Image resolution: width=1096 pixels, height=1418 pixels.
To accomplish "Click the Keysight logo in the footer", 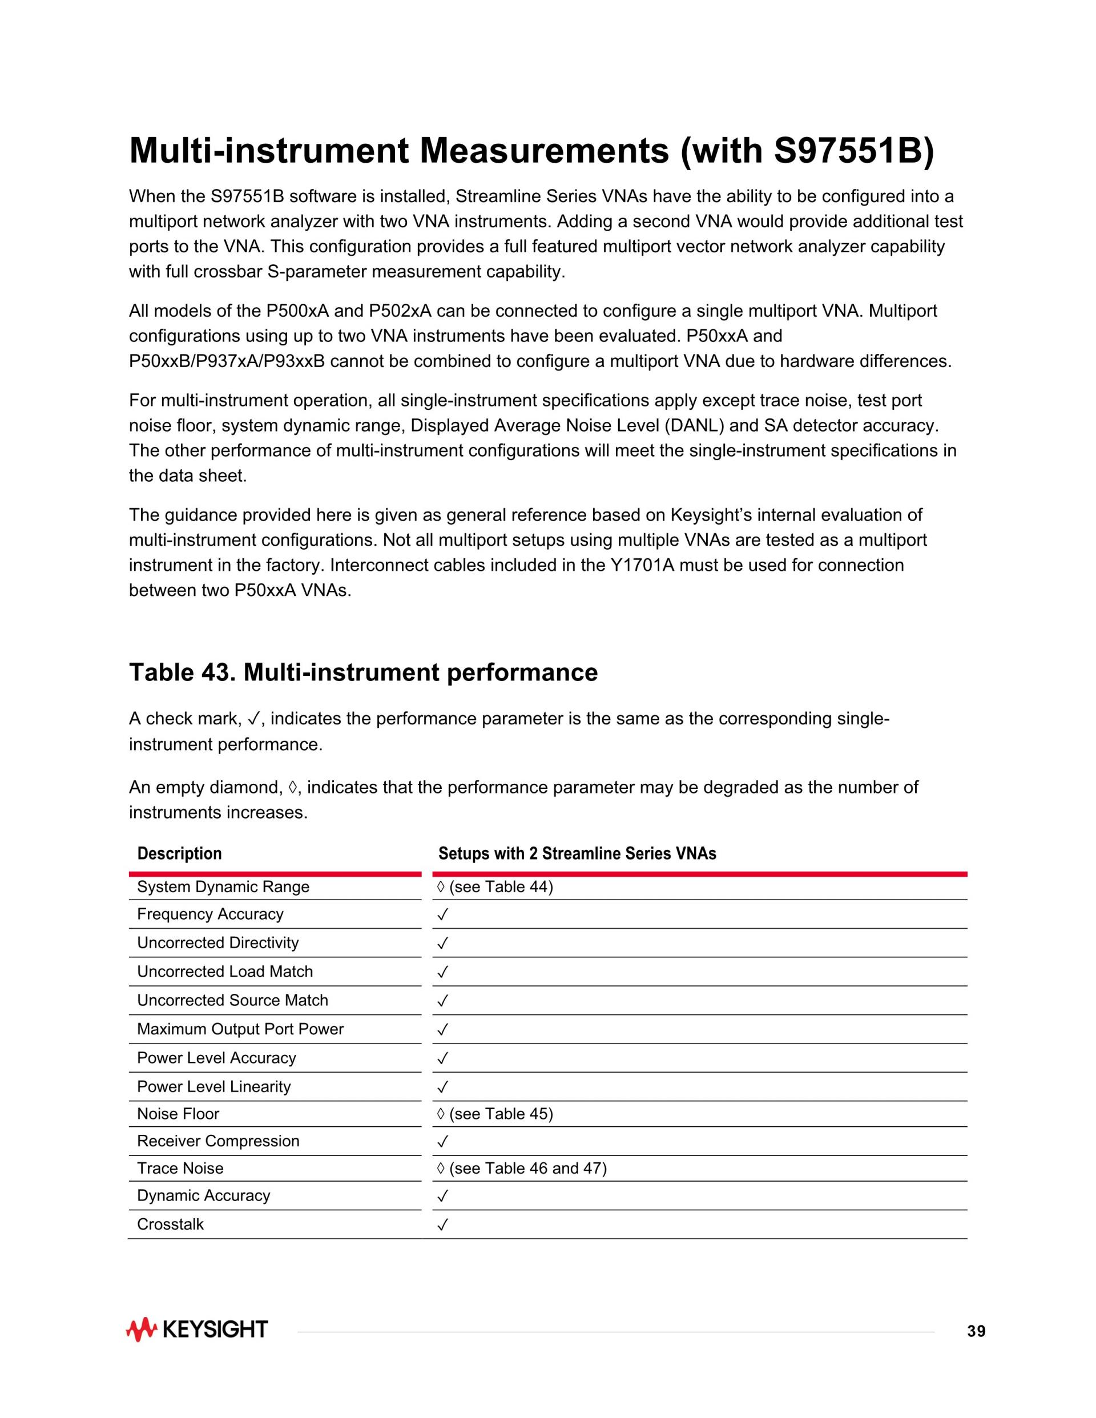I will pos(197,1329).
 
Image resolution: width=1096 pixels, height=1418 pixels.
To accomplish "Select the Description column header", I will pos(179,853).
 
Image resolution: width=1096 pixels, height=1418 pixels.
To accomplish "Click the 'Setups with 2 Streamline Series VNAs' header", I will pos(577,853).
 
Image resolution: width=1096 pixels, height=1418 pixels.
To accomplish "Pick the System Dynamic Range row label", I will pos(223,887).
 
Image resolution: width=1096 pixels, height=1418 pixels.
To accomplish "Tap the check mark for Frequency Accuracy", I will pos(443,915).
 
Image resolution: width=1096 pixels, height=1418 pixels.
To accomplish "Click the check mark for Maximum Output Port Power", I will pos(443,1030).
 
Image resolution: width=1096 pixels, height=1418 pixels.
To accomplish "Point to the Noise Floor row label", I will pos(178,1114).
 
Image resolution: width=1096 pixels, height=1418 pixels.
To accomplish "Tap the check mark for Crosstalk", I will pos(443,1225).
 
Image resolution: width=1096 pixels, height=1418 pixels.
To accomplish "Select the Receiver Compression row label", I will pos(218,1141).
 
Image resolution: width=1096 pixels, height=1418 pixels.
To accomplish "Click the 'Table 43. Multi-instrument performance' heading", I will pos(363,672).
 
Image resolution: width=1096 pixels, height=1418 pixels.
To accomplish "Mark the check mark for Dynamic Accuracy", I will pos(443,1197).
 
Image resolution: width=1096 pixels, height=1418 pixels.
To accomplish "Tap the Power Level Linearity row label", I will pos(213,1087).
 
